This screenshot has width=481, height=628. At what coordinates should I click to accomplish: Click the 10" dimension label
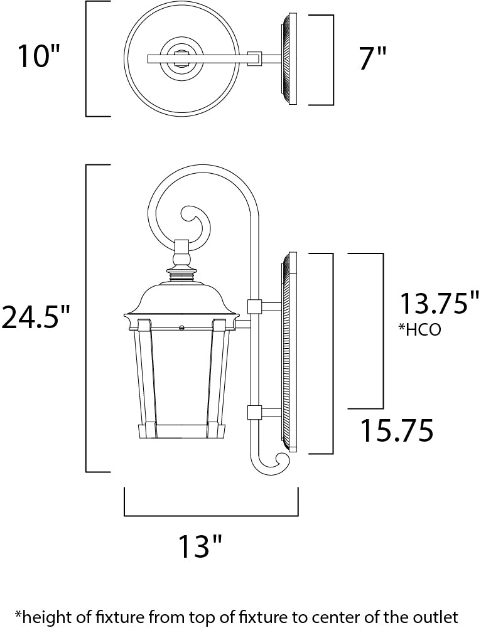click(x=38, y=56)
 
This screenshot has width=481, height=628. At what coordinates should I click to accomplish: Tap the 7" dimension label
click(x=373, y=58)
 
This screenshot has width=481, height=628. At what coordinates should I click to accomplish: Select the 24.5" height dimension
click(x=35, y=317)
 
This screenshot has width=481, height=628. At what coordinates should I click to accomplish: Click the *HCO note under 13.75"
click(x=419, y=329)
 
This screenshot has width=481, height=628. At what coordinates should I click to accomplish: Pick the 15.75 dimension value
click(x=397, y=430)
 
